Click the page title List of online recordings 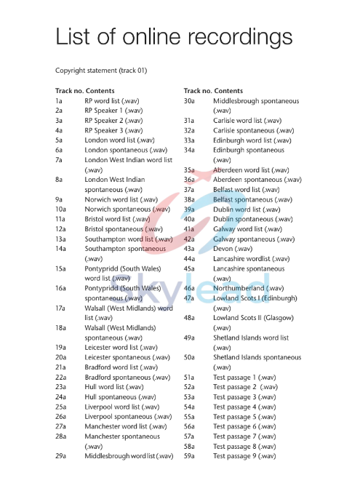174,36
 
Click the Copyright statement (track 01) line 101,71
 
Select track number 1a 58,100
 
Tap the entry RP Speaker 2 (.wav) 113,120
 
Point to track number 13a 60,239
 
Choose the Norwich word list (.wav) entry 121,199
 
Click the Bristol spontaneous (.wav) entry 124,229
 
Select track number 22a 60,377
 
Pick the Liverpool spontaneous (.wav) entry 127,417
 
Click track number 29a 60,456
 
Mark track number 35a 189,169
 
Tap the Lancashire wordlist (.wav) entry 250,258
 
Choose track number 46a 189,288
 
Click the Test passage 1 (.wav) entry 244,377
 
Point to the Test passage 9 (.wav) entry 244,456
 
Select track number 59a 189,456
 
